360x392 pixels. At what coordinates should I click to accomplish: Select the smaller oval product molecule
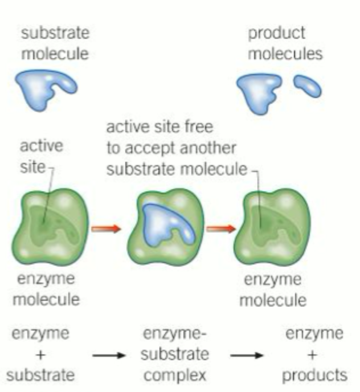coord(307,85)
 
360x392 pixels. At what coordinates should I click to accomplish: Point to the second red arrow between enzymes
coord(221,228)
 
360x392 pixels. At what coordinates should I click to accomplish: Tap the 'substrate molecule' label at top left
coord(55,43)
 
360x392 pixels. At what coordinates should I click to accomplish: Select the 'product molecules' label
coord(284,43)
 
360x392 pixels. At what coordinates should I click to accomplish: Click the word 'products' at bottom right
coord(314,375)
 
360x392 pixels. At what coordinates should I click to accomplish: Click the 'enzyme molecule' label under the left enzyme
coord(46,289)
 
